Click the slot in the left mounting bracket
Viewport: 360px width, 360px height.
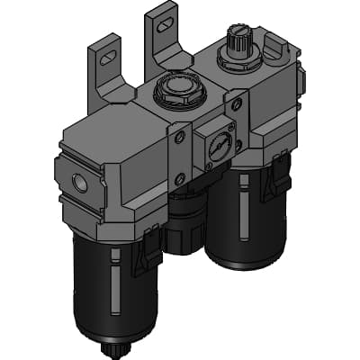[x=106, y=57]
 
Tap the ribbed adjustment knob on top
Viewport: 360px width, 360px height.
[x=235, y=41]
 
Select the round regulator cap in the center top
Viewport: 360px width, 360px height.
[x=171, y=89]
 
